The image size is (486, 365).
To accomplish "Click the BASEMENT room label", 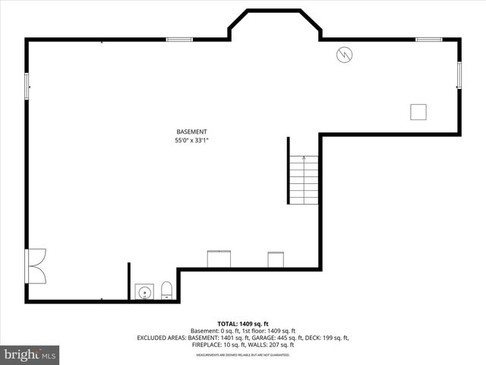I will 191,132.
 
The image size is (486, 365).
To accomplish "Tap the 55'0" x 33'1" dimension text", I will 191,140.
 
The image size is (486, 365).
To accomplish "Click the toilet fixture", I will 166,290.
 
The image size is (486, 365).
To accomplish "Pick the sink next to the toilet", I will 144,291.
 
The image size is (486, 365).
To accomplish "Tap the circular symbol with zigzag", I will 345,55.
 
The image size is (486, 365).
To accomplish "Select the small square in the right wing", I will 418,112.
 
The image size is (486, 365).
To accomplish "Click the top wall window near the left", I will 179,39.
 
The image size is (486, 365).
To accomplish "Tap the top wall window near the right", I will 428,39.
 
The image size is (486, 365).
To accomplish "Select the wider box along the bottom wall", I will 219,259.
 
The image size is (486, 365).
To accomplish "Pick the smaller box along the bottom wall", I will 276,259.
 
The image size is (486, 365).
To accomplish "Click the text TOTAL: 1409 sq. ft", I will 243,324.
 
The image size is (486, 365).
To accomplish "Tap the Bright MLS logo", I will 30,354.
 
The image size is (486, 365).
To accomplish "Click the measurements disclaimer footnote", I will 243,355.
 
